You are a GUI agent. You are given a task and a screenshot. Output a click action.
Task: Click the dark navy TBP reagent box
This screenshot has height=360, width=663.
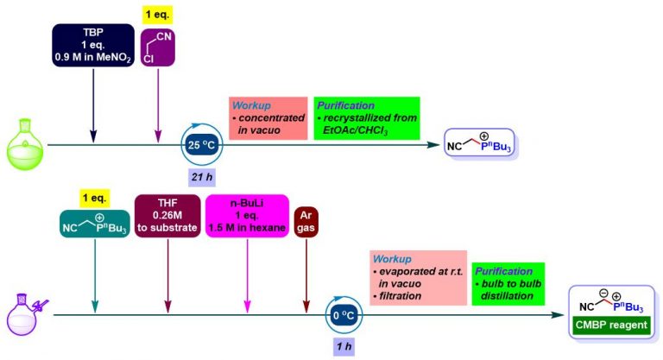tap(91, 42)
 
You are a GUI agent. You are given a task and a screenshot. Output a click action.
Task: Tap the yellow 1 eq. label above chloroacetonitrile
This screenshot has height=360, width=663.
tap(158, 13)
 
